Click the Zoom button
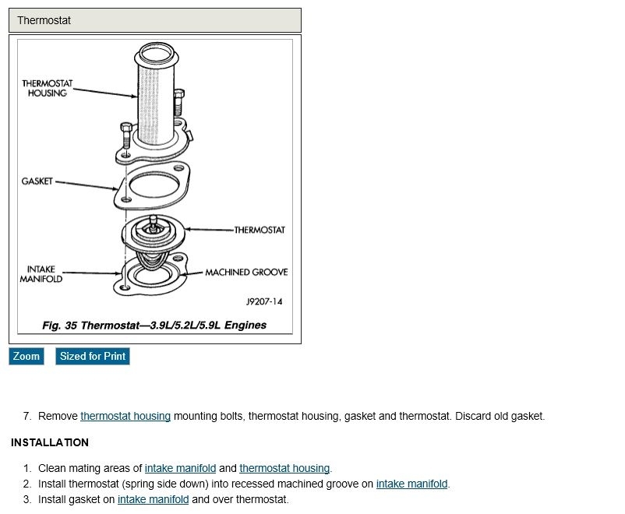tap(26, 356)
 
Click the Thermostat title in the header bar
tap(44, 20)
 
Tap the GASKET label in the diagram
tap(37, 181)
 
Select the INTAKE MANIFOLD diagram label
tap(41, 274)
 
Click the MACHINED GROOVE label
tap(246, 273)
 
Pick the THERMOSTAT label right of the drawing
tap(260, 230)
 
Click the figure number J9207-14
tap(264, 301)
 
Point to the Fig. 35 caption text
tap(154, 325)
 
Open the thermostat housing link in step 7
tap(125, 416)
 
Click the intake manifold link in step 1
tap(180, 468)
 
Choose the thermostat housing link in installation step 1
tap(284, 468)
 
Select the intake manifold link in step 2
tap(411, 484)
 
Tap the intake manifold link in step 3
tap(153, 499)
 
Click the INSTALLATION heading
tap(50, 442)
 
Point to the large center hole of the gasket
tap(155, 186)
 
